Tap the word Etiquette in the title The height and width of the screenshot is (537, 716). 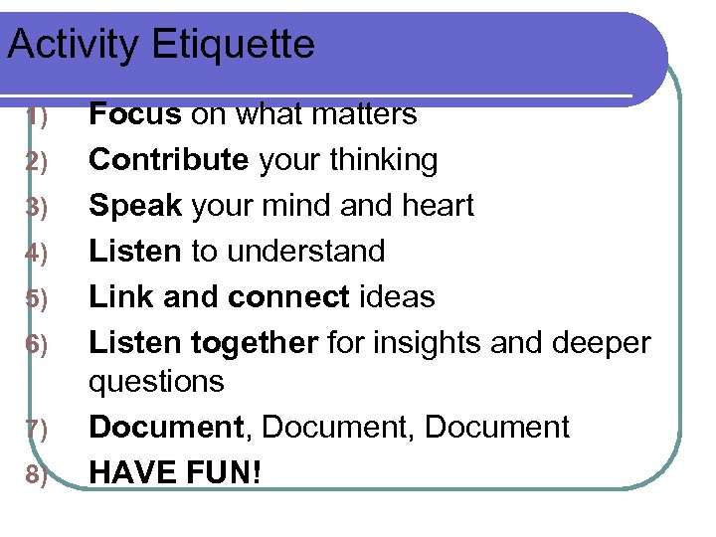point(234,45)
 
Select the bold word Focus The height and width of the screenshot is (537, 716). point(135,115)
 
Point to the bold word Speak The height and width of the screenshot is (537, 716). point(135,206)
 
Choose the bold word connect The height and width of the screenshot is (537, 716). point(288,297)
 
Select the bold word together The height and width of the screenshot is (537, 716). point(255,343)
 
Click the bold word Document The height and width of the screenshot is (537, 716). point(166,428)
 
